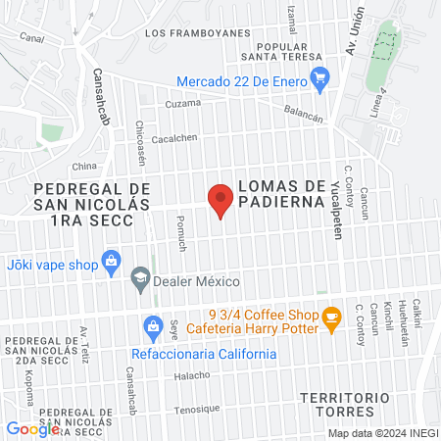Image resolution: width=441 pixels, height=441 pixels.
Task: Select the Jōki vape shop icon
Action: point(111,262)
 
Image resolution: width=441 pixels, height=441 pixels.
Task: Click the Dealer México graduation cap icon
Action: point(141,279)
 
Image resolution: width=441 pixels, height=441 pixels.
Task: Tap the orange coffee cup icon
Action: point(332,316)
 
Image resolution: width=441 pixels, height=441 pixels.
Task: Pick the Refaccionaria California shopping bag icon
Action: point(152,324)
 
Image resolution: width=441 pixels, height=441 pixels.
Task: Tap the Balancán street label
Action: point(304,116)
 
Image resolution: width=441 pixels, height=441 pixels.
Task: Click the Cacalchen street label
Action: point(175,138)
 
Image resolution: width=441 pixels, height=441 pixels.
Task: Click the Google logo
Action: point(32,428)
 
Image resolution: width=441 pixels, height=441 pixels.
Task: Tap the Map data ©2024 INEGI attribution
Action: point(381,433)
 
